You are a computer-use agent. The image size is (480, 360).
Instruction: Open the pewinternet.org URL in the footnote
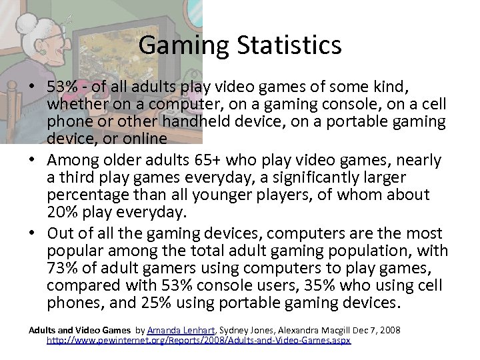point(198,340)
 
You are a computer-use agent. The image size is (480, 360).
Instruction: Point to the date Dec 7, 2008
point(375,330)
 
